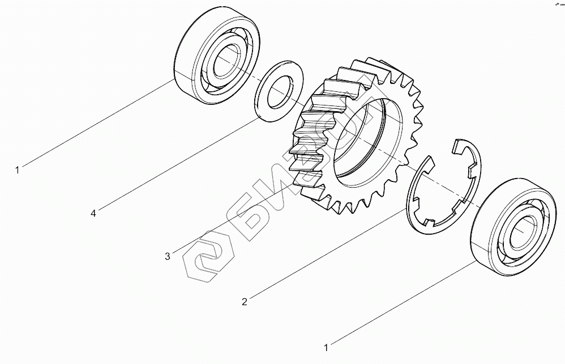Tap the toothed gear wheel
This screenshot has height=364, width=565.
[x=317, y=125]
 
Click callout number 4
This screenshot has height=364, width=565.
[x=93, y=213]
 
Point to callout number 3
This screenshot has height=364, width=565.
[x=167, y=256]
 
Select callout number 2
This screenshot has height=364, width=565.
[x=244, y=302]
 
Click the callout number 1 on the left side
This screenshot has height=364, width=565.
[x=18, y=169]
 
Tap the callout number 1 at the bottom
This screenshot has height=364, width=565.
[x=326, y=346]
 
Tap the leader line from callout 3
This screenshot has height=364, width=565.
[x=232, y=218]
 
